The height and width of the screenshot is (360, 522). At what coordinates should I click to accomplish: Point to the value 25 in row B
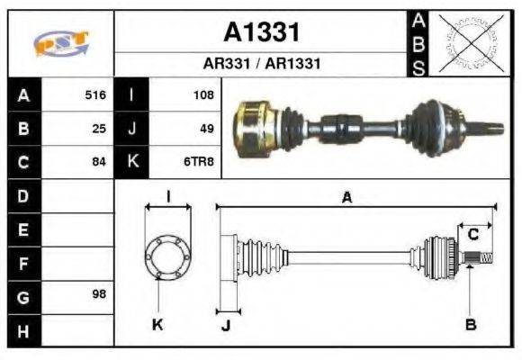[x=99, y=128]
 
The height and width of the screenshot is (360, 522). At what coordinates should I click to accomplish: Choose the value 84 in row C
[x=99, y=162]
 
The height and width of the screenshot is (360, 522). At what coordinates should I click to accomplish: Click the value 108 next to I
[x=202, y=94]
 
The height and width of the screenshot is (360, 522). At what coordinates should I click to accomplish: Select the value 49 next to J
[x=206, y=128]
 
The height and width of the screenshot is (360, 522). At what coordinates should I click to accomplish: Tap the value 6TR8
[x=200, y=162]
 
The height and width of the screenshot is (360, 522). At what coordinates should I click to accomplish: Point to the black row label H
[x=22, y=330]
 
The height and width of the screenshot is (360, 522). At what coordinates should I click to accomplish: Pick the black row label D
[x=22, y=195]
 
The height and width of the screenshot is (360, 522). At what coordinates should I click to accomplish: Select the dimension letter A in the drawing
[x=346, y=199]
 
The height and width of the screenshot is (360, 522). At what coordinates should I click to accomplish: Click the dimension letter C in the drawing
[x=472, y=235]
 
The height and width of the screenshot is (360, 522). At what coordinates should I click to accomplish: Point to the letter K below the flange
[x=157, y=325]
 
